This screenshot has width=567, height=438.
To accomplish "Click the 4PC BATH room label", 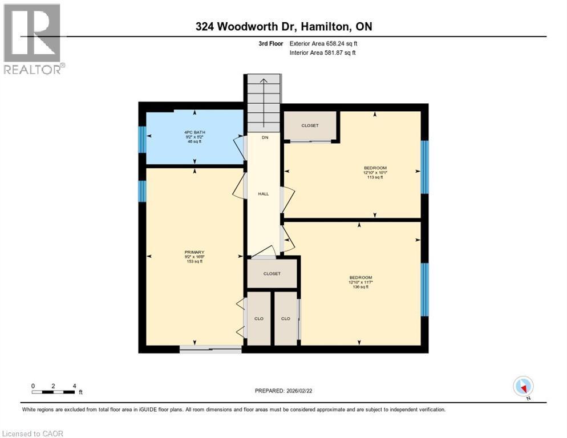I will [195, 132].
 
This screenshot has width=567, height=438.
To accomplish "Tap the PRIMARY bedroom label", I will [194, 253].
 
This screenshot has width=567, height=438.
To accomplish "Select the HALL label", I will [263, 194].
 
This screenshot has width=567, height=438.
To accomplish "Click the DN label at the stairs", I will [265, 137].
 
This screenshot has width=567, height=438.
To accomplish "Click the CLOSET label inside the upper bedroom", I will [310, 125].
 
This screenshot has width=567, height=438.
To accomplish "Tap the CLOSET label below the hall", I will [272, 274].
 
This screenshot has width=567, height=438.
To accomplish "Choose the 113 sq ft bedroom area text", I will [375, 177].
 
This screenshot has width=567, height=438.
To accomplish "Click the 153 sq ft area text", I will [194, 262].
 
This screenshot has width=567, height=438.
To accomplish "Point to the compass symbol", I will [523, 387].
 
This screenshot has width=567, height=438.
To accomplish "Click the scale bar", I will [53, 391].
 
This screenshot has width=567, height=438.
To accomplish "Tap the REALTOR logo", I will [33, 39].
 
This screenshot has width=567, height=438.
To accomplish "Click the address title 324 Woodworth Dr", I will [283, 27].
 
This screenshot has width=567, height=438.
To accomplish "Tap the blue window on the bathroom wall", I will [142, 140].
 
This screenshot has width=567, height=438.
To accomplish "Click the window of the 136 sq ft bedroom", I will [424, 289].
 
